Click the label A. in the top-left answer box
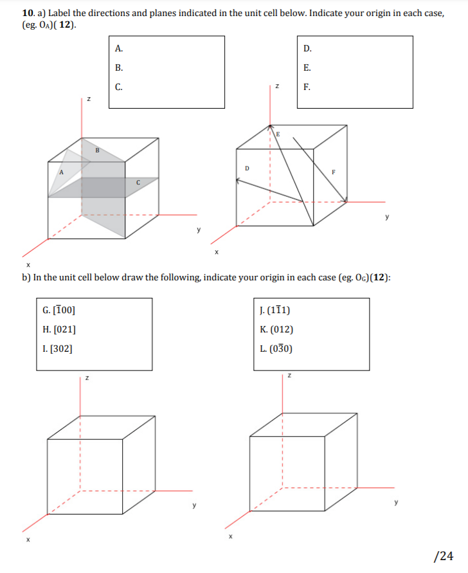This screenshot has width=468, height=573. [x=118, y=48]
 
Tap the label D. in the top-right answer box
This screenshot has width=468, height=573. [x=307, y=48]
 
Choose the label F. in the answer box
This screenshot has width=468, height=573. [x=307, y=87]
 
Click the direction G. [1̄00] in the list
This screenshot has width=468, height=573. [x=58, y=311]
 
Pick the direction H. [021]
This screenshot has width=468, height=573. [x=58, y=330]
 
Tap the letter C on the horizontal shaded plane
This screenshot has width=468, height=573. [x=138, y=182]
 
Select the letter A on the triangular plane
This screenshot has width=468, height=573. [x=62, y=172]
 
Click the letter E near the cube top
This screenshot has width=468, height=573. [x=278, y=134]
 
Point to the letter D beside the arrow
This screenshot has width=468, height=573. [x=247, y=168]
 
